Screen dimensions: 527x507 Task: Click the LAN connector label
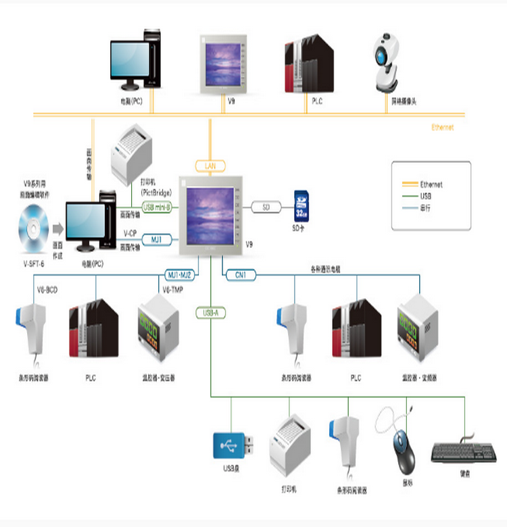tap(210, 166)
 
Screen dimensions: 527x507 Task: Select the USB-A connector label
tap(210, 313)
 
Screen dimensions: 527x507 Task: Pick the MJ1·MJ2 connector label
tap(180, 274)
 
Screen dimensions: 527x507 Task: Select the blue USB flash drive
tap(234, 444)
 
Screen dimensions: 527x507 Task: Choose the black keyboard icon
tap(462, 452)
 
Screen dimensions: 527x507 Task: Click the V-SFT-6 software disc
tap(34, 226)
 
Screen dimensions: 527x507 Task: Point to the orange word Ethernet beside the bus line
tap(442, 127)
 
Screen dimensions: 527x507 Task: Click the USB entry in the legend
tap(426, 196)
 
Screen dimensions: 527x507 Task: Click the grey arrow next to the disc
tap(58, 226)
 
